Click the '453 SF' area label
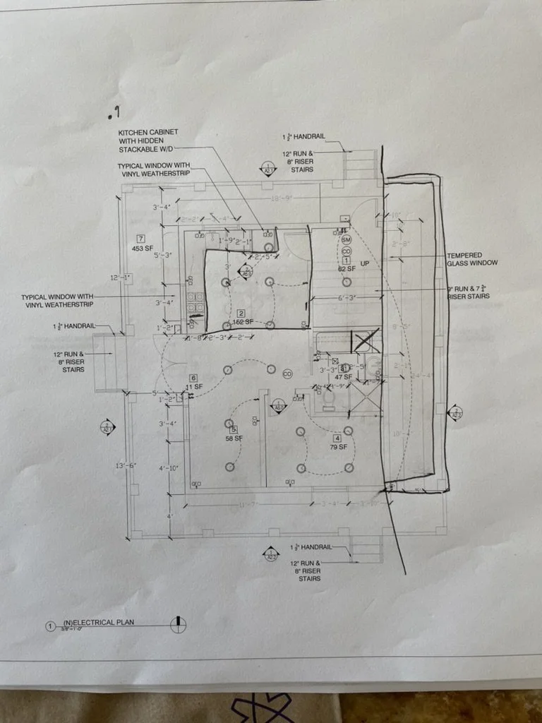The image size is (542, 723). pyautogui.click(x=143, y=249)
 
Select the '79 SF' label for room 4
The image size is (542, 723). pyautogui.click(x=337, y=447)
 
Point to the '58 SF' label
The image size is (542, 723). pyautogui.click(x=234, y=438)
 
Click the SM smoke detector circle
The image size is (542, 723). pyautogui.click(x=346, y=240)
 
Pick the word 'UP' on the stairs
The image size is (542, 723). pyautogui.click(x=365, y=263)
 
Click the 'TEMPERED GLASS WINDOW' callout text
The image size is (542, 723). pyautogui.click(x=472, y=259)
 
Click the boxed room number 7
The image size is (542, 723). pyautogui.click(x=141, y=239)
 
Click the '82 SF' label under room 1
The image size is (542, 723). pyautogui.click(x=346, y=269)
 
